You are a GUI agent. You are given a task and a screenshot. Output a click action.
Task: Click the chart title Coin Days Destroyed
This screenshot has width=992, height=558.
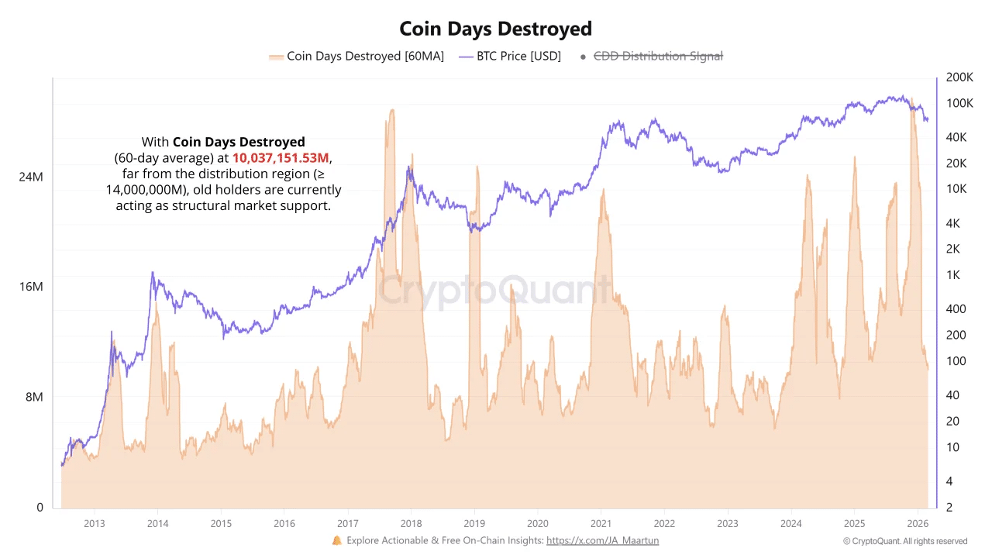(x=495, y=29)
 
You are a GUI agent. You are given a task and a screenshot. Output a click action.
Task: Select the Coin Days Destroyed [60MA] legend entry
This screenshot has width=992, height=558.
(x=356, y=57)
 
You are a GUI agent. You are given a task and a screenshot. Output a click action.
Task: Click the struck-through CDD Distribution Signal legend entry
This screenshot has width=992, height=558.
(x=658, y=57)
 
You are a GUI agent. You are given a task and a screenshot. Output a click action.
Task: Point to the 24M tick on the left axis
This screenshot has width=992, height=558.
(x=31, y=177)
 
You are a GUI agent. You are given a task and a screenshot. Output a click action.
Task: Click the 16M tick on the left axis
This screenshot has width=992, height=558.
(x=31, y=287)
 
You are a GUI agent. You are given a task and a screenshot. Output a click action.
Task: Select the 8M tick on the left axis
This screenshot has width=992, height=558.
(x=33, y=397)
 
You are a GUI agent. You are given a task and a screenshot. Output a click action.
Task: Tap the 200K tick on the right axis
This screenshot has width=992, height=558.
(x=959, y=77)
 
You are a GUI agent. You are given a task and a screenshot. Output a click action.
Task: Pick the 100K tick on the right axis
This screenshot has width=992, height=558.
(x=959, y=103)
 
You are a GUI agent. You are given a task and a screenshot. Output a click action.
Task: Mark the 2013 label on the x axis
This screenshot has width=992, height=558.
(x=94, y=523)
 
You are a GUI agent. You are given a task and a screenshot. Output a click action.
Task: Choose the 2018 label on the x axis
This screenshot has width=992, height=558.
(x=411, y=523)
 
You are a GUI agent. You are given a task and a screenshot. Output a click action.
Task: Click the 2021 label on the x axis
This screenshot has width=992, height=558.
(x=601, y=523)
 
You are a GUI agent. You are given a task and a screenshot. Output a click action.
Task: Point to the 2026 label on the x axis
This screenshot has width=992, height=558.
(x=918, y=523)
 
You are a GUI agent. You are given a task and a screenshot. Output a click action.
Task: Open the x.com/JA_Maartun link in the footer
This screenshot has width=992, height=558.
(x=602, y=541)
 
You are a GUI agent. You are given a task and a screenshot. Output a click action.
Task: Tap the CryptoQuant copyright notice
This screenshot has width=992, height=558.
(x=905, y=541)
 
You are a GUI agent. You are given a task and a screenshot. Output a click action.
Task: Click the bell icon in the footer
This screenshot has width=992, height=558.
(x=336, y=540)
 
